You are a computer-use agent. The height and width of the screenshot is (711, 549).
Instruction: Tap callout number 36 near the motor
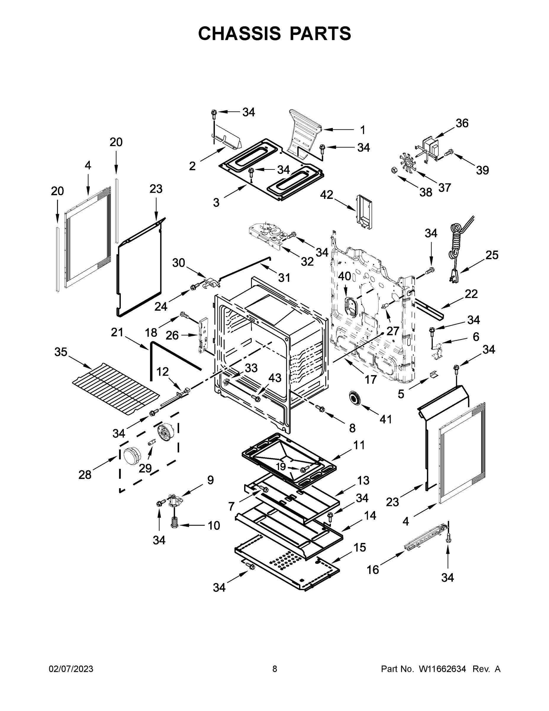(x=462, y=123)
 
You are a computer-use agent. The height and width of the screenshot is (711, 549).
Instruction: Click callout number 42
(x=326, y=195)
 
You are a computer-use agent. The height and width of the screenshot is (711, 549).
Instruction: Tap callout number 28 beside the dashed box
(x=85, y=475)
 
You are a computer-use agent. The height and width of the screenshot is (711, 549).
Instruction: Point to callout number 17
(x=371, y=379)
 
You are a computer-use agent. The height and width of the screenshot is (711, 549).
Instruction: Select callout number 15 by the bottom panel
(x=360, y=547)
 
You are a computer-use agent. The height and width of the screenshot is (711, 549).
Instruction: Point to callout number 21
(x=117, y=332)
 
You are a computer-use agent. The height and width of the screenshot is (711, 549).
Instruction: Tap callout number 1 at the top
(x=363, y=130)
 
